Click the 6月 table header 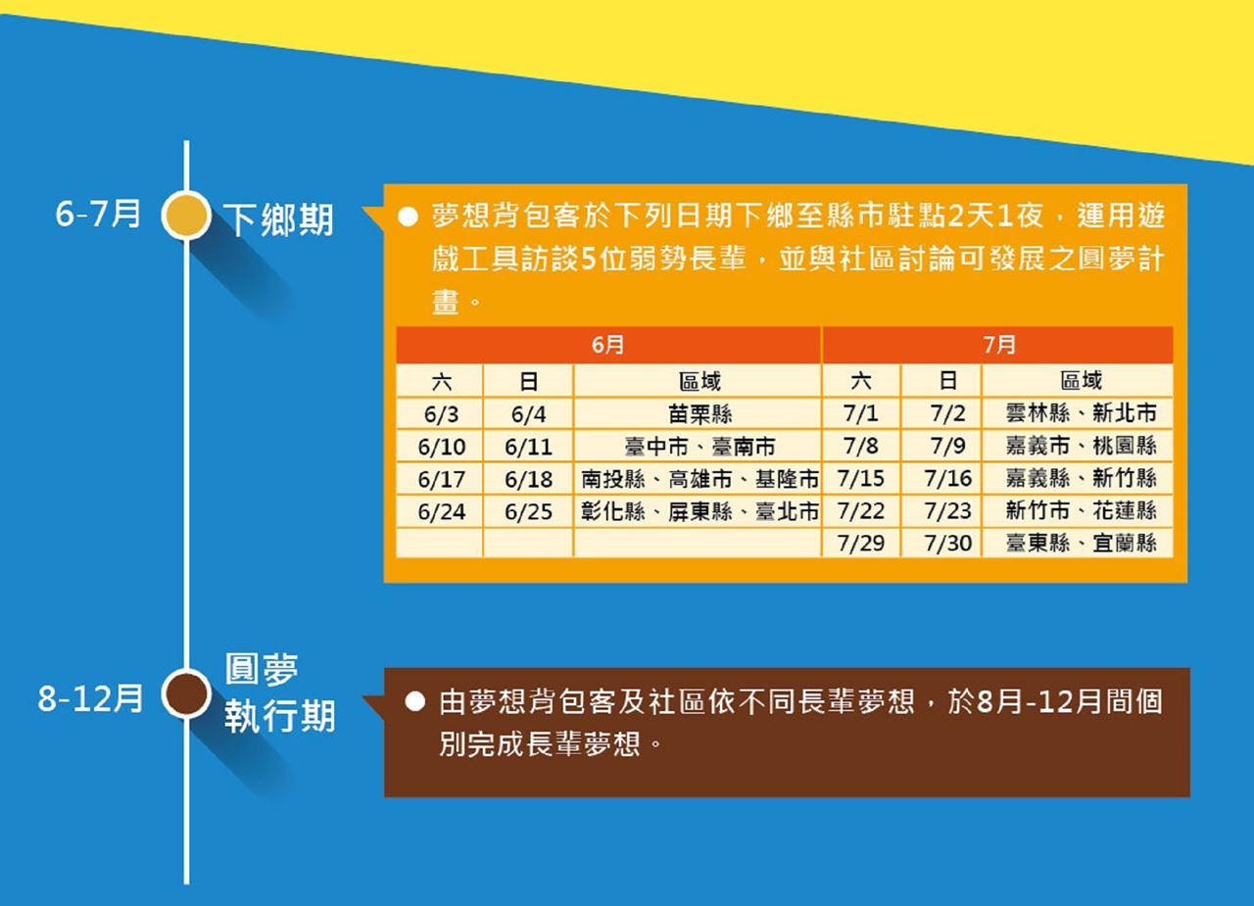tap(608, 345)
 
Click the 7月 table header tap(998, 345)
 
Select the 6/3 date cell tap(440, 414)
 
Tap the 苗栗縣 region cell tap(699, 414)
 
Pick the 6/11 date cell tap(528, 447)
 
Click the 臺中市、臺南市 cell tap(699, 447)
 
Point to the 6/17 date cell tap(440, 479)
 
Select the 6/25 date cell tap(528, 511)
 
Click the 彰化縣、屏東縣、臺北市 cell tap(699, 511)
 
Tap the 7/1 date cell tap(861, 413)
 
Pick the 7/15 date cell tap(861, 478)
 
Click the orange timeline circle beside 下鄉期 tap(186, 215)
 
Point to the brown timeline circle tap(186, 693)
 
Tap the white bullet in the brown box tap(414, 702)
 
